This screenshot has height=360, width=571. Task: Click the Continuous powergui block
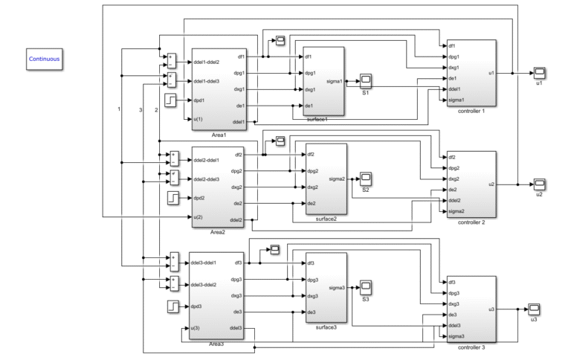[44, 58]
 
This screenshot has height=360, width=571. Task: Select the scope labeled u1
[540, 73]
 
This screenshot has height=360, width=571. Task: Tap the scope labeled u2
[540, 184]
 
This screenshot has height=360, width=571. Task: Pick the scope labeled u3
[534, 309]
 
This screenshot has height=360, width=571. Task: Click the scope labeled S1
[366, 80]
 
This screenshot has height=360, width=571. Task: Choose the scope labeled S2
[366, 179]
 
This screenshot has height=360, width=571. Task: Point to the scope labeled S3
[366, 287]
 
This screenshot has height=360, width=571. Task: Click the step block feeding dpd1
[170, 100]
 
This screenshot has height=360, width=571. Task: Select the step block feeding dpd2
[172, 199]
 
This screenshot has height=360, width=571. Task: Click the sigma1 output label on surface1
[334, 81]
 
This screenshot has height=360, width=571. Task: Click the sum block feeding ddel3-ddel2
[174, 283]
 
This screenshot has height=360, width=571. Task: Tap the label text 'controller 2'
[472, 222]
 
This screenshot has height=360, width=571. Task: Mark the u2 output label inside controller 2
[491, 184]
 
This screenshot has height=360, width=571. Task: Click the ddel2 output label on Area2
[236, 220]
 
